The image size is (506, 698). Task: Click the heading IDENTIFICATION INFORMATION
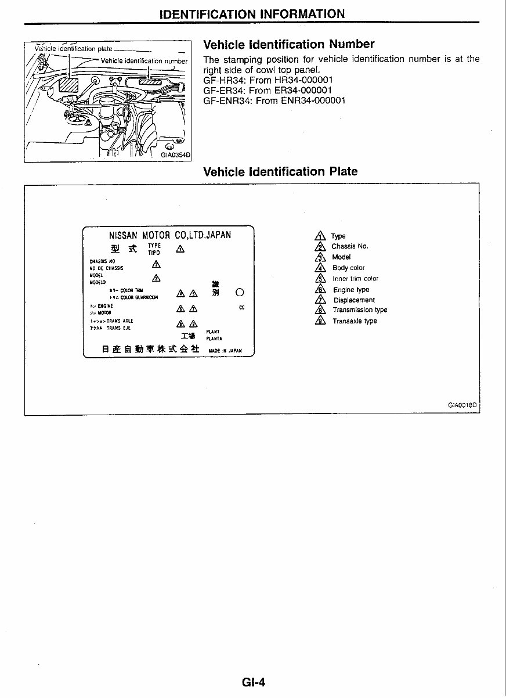tap(252, 13)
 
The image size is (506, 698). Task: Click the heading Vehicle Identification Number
tap(288, 45)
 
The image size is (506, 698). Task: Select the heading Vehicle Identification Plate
tap(280, 172)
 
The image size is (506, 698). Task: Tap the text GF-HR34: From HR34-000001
tap(268, 80)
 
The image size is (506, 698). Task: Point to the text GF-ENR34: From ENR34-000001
tap(274, 100)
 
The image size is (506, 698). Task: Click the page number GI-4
tap(253, 682)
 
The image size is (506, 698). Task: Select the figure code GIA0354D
tap(176, 155)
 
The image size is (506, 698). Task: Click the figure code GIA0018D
tap(462, 406)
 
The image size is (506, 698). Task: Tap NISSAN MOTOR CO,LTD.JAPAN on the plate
tap(170, 235)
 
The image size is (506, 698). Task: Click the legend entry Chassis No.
tap(349, 246)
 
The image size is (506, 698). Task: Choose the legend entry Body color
tap(348, 268)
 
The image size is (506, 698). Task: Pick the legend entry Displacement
tap(353, 300)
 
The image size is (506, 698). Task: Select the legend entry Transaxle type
tap(354, 321)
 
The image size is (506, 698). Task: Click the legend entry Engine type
tap(350, 290)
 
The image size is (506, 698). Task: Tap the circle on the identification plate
tap(240, 292)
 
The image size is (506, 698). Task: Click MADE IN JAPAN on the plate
tap(225, 351)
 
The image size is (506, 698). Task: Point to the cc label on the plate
tap(241, 308)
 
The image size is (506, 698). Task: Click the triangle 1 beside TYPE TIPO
tap(180, 249)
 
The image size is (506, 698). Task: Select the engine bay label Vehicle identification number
tap(144, 61)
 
